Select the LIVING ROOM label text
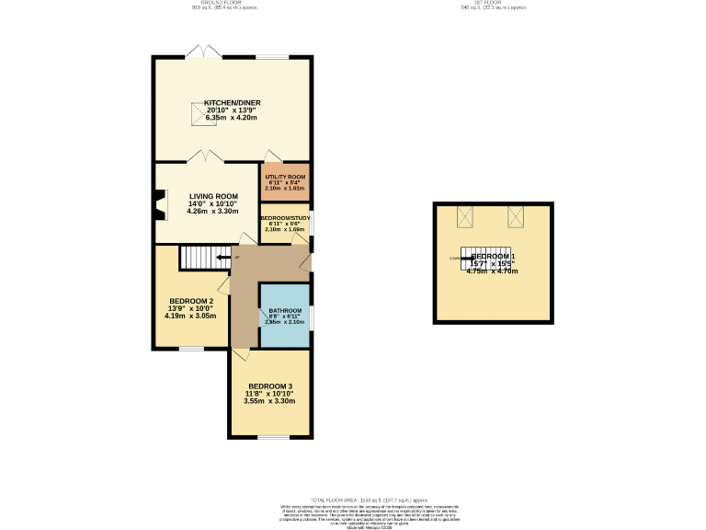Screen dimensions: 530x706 (213, 196)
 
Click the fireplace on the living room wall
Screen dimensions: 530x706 (160, 205)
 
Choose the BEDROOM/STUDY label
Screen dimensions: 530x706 (285, 217)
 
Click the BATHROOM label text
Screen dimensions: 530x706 (285, 311)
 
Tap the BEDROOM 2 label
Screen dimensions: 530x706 (191, 301)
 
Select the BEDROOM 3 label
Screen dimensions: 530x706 (269, 386)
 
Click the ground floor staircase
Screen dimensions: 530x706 (197, 257)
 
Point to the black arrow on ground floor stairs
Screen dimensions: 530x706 (223, 258)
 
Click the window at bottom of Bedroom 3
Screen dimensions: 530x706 (273, 436)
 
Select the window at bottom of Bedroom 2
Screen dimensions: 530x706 (191, 348)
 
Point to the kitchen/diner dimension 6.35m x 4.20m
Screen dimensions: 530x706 (231, 118)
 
